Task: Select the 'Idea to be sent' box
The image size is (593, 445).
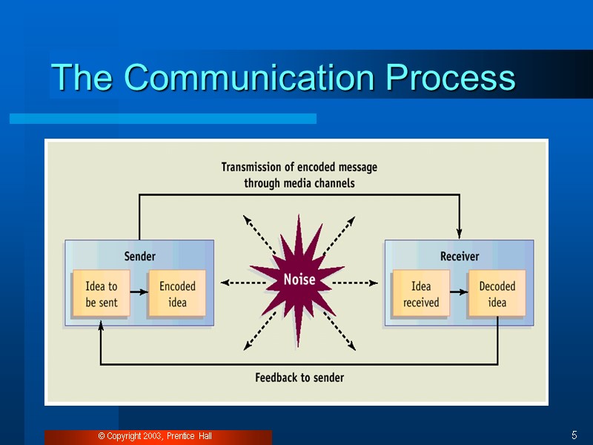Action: coord(102,294)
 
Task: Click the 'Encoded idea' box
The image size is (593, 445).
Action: coord(177,294)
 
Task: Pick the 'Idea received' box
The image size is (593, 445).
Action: coord(421,294)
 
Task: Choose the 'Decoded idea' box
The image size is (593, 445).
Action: coord(497,294)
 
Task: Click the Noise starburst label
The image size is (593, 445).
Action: coord(299,280)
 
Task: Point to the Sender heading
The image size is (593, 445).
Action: coord(139,257)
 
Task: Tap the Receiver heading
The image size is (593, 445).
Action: coord(460,257)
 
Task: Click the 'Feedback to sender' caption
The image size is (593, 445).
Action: coord(299,378)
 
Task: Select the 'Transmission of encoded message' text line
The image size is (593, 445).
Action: coord(299,168)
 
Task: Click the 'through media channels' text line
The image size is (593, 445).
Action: coord(299,182)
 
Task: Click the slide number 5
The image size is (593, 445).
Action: coord(574,435)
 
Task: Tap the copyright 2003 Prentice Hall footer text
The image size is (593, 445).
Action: coord(155,436)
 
